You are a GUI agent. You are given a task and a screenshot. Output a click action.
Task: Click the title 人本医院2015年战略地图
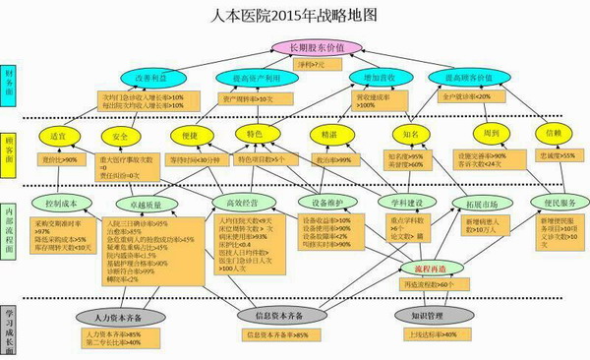(x=295, y=15)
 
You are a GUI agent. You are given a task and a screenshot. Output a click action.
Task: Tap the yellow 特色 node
(x=255, y=134)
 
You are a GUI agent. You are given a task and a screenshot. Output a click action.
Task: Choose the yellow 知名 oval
(x=412, y=134)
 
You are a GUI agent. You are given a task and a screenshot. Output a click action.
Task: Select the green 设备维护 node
(x=325, y=203)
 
